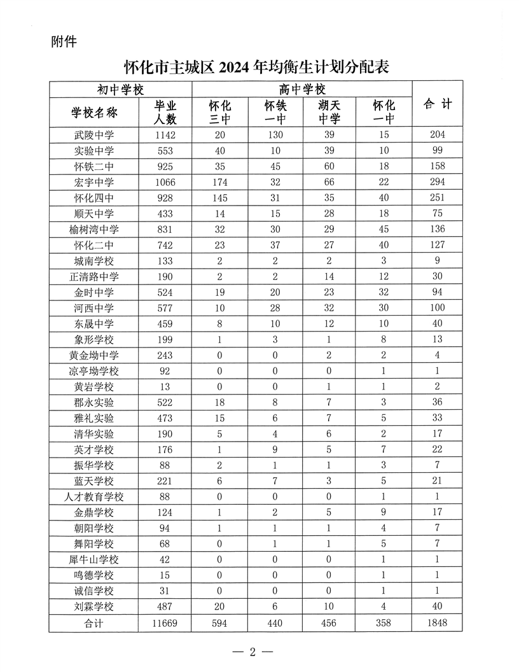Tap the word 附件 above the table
(63, 42)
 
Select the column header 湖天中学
(329, 112)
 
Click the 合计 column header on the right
(436, 104)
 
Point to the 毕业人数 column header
(165, 112)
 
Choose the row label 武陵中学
(94, 134)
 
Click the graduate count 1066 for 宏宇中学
(165, 182)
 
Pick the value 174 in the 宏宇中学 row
(220, 182)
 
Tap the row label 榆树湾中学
(94, 229)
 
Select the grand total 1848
(436, 622)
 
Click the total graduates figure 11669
(165, 622)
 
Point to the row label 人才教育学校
(94, 496)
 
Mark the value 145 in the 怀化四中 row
(220, 197)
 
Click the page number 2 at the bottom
(252, 652)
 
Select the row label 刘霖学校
(94, 606)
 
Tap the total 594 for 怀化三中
(220, 622)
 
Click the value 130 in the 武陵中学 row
(275, 134)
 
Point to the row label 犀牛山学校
(94, 559)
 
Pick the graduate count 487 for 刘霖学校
(165, 606)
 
